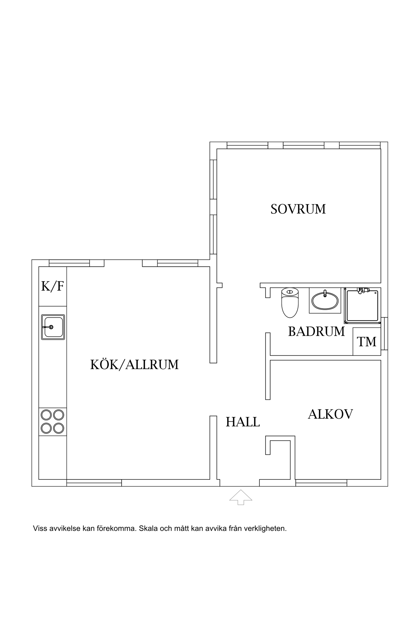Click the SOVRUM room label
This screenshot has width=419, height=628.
pos(298,209)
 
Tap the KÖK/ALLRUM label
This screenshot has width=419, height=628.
pos(134,365)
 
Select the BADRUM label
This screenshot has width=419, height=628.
pos(316,332)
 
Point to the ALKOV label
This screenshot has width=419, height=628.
pos(330,414)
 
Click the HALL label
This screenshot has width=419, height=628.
pos(243,422)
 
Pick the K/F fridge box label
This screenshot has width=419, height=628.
pos(53,286)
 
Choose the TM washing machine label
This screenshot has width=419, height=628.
pos(367,342)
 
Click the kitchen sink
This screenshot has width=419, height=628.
pos(53,327)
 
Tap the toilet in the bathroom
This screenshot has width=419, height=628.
pos(290,303)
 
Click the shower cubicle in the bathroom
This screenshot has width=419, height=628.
pos(362,306)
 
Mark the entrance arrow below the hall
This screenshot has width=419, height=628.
pos(241,497)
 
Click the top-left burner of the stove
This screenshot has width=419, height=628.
pos(46,415)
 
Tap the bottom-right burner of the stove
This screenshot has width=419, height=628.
pos(59,428)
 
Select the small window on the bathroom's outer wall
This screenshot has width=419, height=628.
pos(384,334)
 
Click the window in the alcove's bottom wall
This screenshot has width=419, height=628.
pos(321,483)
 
